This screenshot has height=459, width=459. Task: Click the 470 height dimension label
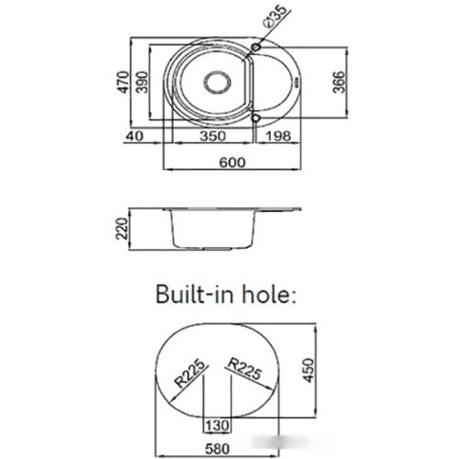[124, 82]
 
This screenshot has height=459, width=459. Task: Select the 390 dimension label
[142, 82]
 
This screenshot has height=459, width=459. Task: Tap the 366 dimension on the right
[339, 82]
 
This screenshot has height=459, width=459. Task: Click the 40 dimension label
[134, 136]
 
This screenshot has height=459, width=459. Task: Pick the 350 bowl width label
[213, 136]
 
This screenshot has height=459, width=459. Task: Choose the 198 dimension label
[277, 136]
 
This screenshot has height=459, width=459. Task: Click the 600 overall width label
[232, 162]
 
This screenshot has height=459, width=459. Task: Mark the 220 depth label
[121, 229]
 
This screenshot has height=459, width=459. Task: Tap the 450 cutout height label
[308, 370]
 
